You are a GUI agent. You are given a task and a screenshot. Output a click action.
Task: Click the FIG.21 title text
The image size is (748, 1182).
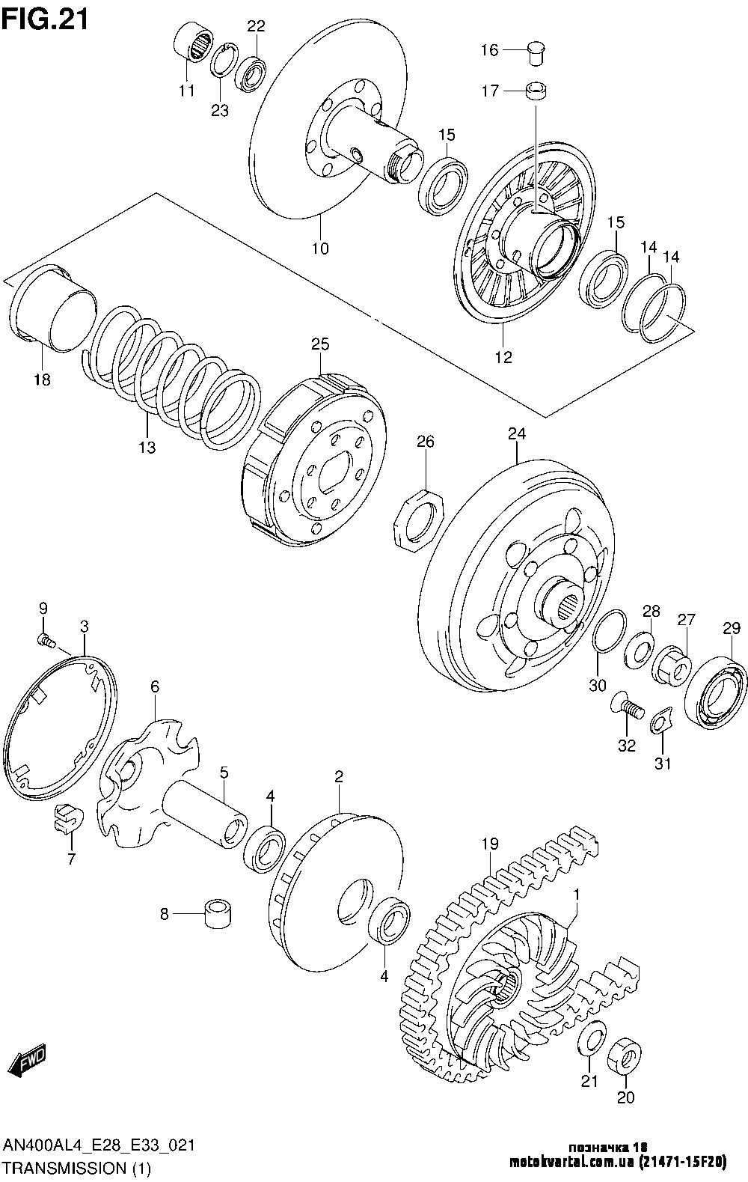[x=46, y=20]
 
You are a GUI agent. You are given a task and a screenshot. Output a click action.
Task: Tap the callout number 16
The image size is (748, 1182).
[x=489, y=50]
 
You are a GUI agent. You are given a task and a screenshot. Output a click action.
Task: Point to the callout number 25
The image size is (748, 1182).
[x=319, y=344]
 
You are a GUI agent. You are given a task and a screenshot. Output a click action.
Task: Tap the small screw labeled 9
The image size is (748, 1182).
[x=46, y=641]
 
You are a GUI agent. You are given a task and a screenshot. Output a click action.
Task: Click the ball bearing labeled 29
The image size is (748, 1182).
[x=715, y=692]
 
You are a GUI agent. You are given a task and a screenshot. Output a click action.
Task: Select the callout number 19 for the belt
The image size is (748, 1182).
[x=490, y=844]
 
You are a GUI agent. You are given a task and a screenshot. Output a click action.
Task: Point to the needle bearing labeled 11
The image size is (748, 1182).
[x=194, y=43]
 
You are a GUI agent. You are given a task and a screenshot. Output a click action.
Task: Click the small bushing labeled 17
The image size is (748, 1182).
[x=536, y=91]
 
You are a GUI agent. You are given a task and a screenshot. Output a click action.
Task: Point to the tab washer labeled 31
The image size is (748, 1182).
[x=661, y=719]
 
